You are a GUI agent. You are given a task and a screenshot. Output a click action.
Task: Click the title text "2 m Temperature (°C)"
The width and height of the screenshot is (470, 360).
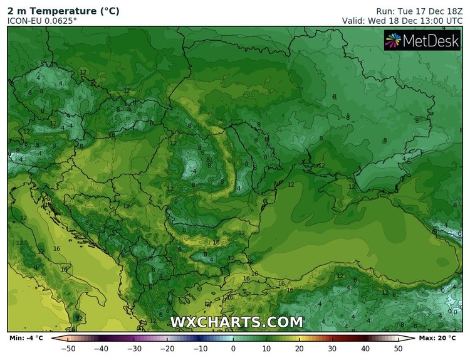[63, 11]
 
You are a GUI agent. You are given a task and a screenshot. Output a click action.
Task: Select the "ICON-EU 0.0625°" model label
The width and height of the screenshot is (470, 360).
[42, 21]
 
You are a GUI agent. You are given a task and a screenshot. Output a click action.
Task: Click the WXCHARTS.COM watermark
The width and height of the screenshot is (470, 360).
[237, 322]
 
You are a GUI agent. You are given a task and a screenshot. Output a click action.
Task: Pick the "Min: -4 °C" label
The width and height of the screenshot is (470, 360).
[26, 339]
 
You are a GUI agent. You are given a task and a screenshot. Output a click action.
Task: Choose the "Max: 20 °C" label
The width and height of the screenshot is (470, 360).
[442, 339]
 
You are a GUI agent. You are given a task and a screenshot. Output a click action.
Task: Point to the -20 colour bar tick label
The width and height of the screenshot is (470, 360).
[167, 349]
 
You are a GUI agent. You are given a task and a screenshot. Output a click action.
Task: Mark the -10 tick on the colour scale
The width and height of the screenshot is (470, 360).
[200, 349]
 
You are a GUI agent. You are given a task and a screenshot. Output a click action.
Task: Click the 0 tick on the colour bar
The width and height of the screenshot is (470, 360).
[234, 349]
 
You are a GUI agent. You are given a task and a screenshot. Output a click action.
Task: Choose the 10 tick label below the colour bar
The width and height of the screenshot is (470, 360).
[266, 349]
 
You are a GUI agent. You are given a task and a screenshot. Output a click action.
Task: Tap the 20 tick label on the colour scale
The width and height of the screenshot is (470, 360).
[300, 349]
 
